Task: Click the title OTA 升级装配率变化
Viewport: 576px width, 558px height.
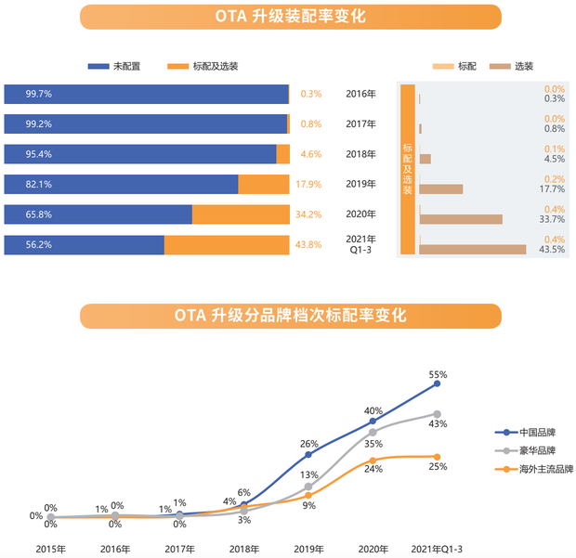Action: point(290,17)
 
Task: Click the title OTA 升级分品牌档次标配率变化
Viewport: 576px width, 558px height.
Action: point(290,315)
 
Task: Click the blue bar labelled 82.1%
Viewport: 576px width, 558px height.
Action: point(121,184)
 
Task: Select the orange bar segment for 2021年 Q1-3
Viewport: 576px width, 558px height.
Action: point(227,245)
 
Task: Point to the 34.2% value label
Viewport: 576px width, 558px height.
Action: point(308,214)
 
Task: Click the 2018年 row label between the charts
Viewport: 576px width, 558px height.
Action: point(360,154)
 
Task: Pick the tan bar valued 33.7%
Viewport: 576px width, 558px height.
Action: point(461,219)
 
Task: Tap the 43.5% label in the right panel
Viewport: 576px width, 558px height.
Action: point(553,250)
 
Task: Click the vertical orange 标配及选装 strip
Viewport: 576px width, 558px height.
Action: point(407,169)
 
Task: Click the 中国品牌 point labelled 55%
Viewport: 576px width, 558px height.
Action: point(436,383)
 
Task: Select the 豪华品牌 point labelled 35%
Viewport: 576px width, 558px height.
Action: point(373,432)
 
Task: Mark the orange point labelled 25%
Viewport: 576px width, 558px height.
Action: point(436,456)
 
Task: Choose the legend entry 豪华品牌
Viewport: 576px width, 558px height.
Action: point(538,451)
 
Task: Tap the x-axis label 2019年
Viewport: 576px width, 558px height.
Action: point(308,549)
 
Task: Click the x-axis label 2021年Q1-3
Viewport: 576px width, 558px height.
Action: point(435,549)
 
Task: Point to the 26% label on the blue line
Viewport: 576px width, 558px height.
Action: point(309,443)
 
